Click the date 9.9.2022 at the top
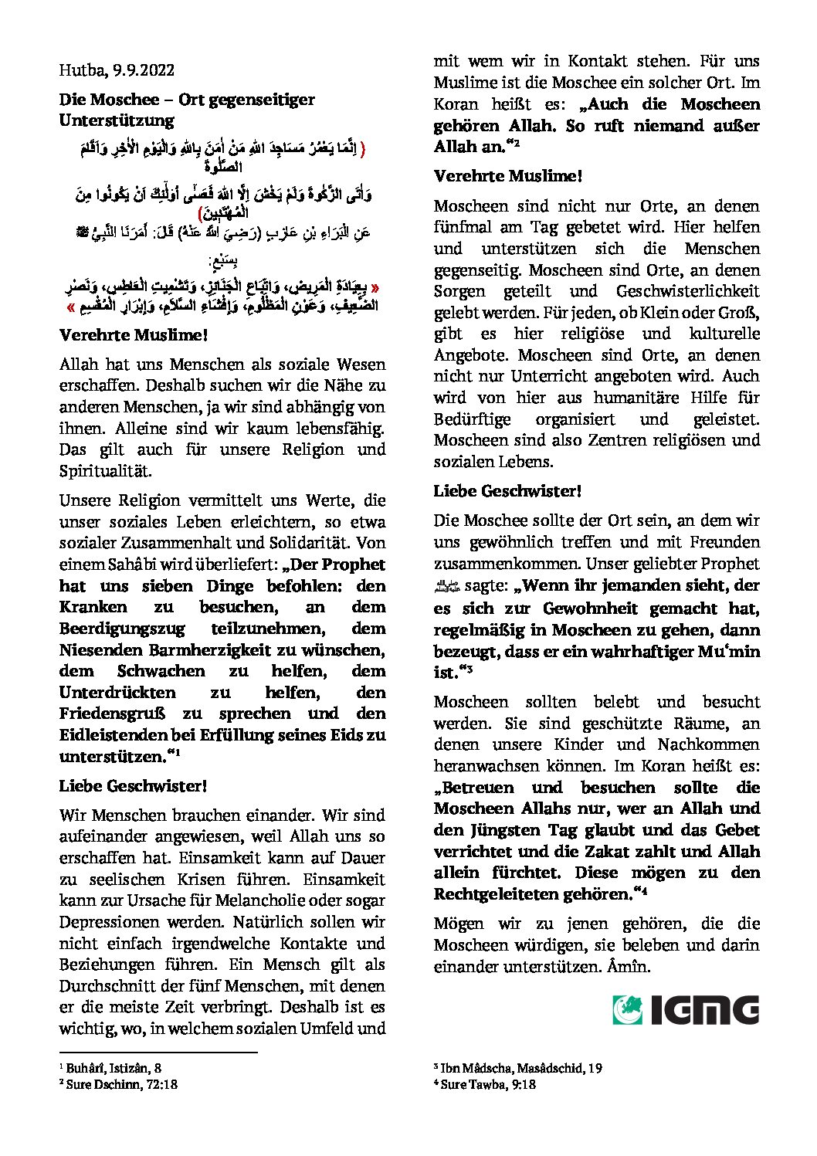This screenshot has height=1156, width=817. pyautogui.click(x=144, y=70)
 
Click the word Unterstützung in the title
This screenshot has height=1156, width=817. pyautogui.click(x=117, y=120)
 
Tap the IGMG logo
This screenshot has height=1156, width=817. pyautogui.click(x=686, y=1010)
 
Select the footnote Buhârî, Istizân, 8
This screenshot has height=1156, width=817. pyautogui.click(x=114, y=1069)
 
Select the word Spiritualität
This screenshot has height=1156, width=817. pyautogui.click(x=105, y=471)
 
